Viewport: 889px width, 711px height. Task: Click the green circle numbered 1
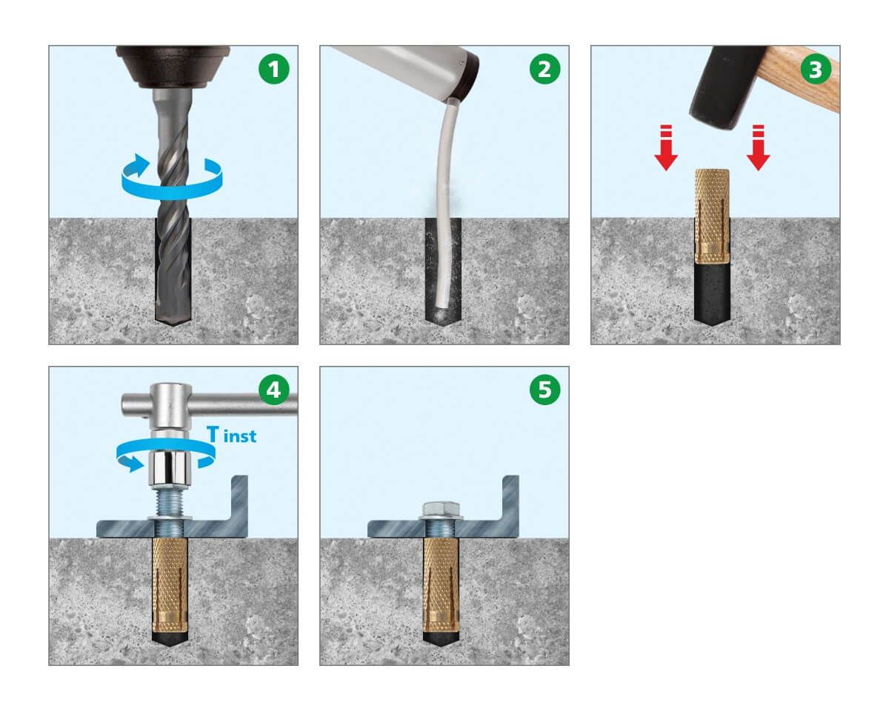point(273,69)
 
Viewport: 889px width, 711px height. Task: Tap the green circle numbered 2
point(545,69)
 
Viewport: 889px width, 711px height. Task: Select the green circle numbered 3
point(816,69)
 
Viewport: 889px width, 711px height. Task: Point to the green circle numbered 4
point(273,390)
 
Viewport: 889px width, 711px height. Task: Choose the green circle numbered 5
point(545,390)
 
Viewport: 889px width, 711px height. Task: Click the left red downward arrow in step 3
point(666,147)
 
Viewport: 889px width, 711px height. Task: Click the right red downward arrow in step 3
point(758,147)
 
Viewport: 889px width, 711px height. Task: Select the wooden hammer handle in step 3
point(804,79)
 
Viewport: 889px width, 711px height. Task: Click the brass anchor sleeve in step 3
point(712,216)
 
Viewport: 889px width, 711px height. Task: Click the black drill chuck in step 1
point(173,67)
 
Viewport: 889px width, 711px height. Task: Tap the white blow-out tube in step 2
point(445,202)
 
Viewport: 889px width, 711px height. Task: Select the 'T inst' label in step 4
point(231,435)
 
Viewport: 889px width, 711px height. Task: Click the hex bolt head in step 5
point(441,509)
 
